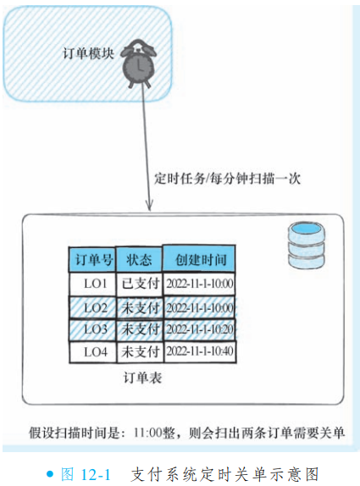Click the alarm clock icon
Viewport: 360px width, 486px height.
pos(138,64)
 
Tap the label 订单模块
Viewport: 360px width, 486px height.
pos(89,53)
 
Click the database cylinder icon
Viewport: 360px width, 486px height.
pos(307,245)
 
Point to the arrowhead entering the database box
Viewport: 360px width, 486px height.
pos(149,206)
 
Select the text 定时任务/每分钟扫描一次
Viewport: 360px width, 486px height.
pos(228,179)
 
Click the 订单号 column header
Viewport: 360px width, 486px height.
pos(92,259)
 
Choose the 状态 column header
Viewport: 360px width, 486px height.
pos(139,259)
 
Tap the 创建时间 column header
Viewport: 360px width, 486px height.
pos(199,259)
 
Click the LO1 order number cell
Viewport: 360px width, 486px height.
pos(92,284)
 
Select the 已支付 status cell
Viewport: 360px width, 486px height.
pos(140,284)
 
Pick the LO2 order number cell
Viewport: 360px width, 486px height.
pos(92,308)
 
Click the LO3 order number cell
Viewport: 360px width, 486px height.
pos(92,330)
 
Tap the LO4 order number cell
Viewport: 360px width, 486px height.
pos(92,351)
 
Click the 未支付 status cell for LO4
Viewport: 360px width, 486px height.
pos(140,351)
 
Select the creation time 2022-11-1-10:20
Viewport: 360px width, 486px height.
pos(200,329)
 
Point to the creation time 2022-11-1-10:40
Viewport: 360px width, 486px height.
pos(200,351)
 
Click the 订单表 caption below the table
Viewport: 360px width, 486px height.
pos(142,378)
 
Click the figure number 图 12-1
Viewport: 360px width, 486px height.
pos(86,474)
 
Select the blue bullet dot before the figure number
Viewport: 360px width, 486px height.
pos(50,473)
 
